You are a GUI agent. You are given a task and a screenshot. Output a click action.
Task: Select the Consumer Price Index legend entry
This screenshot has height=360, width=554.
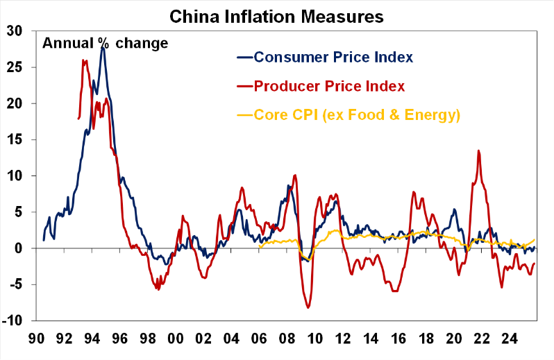(334, 57)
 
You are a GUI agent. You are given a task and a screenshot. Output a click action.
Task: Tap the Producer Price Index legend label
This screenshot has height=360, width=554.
(329, 86)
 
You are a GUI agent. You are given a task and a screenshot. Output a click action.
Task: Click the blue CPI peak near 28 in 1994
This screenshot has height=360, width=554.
(103, 46)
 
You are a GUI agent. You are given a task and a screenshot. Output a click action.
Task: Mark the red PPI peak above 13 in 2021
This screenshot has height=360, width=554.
(478, 151)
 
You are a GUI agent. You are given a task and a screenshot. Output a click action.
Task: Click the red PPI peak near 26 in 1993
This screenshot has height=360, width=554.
(83, 60)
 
